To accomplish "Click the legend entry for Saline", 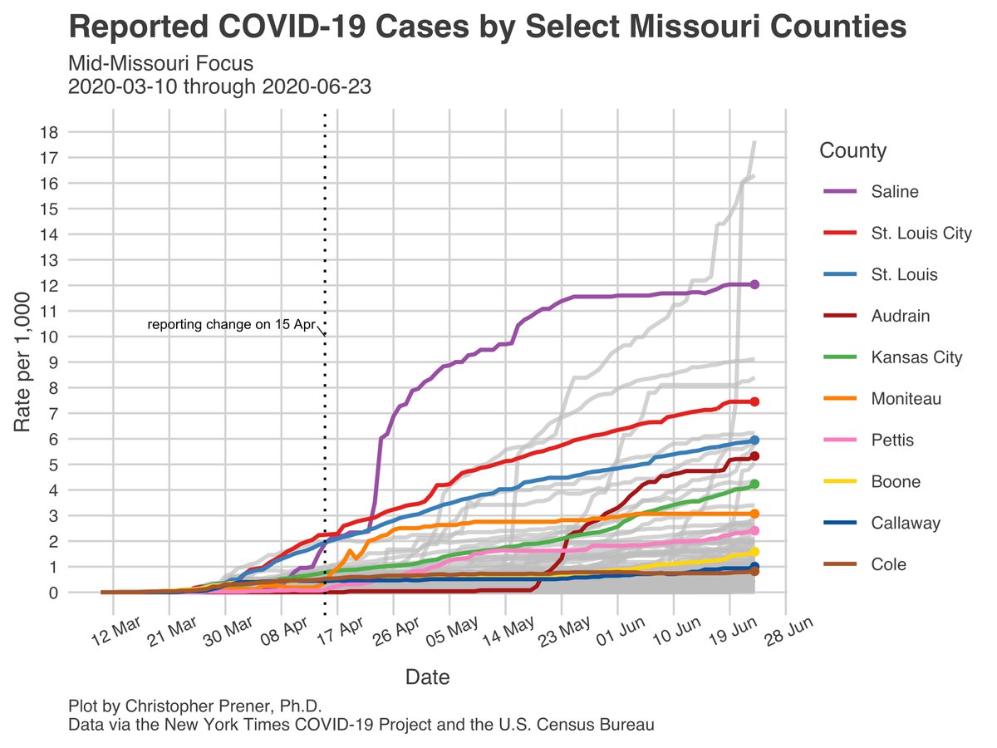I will click(894, 192).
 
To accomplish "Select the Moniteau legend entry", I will click(906, 400).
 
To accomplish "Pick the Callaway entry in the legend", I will click(906, 524).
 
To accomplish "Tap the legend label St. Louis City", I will click(921, 234).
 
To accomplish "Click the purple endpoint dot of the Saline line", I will click(754, 284).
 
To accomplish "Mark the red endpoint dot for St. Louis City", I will click(754, 401).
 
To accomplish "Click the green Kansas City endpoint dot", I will click(754, 484).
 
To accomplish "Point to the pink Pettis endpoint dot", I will click(754, 530).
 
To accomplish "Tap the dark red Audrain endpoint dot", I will click(754, 456).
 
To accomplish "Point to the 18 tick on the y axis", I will click(49, 131).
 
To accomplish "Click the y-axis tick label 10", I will click(49, 337).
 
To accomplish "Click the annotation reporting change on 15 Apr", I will click(229, 325).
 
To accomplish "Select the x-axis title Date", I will click(427, 677).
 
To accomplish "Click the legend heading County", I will click(852, 151).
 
